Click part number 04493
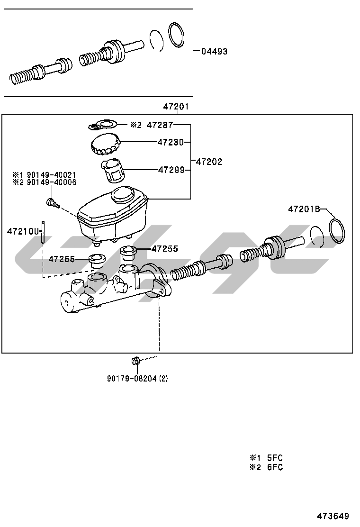pyautogui.click(x=214, y=52)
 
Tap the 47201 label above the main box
pyautogui.click(x=176, y=107)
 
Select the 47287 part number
pyautogui.click(x=160, y=125)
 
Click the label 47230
pyautogui.click(x=171, y=142)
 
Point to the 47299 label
pyautogui.click(x=171, y=169)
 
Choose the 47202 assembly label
pyautogui.click(x=209, y=162)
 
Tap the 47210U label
pyautogui.click(x=22, y=231)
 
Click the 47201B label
pyautogui.click(x=304, y=209)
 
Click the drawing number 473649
pyautogui.click(x=333, y=516)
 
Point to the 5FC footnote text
pyautogui.click(x=274, y=458)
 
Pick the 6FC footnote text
pyautogui.click(x=274, y=467)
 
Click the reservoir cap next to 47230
pyautogui.click(x=105, y=144)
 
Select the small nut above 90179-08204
pyautogui.click(x=135, y=361)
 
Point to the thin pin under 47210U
pyautogui.click(x=43, y=232)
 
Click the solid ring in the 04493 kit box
pyautogui.click(x=177, y=35)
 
